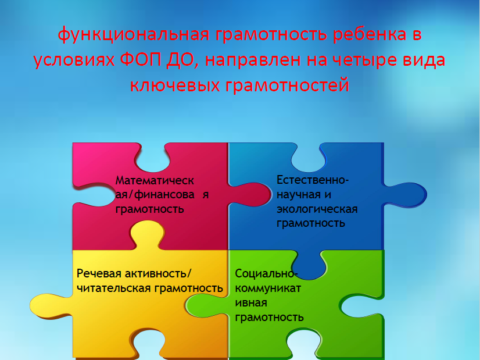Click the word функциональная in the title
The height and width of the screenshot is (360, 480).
[134, 34]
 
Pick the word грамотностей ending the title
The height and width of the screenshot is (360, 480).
[287, 85]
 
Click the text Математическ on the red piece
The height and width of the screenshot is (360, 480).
[155, 181]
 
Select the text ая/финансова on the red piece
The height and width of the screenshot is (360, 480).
[155, 195]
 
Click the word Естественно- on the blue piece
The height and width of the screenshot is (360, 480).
[313, 180]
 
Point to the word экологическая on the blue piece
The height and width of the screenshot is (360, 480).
[317, 209]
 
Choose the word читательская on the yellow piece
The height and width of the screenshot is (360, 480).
[113, 288]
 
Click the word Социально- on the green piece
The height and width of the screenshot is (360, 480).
[265, 273]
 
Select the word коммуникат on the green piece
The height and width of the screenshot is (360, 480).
[268, 288]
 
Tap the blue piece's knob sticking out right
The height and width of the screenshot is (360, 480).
[406, 195]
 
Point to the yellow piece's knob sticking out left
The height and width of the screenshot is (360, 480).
[51, 305]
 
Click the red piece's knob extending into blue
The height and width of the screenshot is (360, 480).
[250, 194]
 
